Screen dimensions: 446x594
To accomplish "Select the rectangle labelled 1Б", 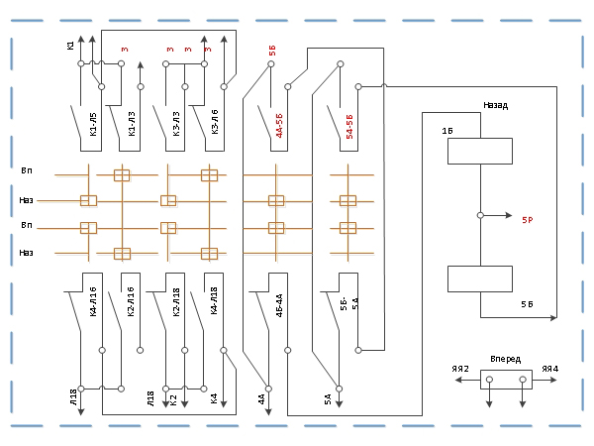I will click(x=479, y=151).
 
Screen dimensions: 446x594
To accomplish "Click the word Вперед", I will click(x=505, y=358).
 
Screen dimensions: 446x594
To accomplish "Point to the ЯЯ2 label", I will click(x=459, y=370).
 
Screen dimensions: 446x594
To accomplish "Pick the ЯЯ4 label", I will click(x=550, y=370).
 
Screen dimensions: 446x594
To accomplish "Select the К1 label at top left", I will click(x=71, y=45).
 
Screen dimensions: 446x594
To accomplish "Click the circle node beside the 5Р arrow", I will click(x=479, y=215).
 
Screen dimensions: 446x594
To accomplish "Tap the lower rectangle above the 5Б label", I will click(x=479, y=279).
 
